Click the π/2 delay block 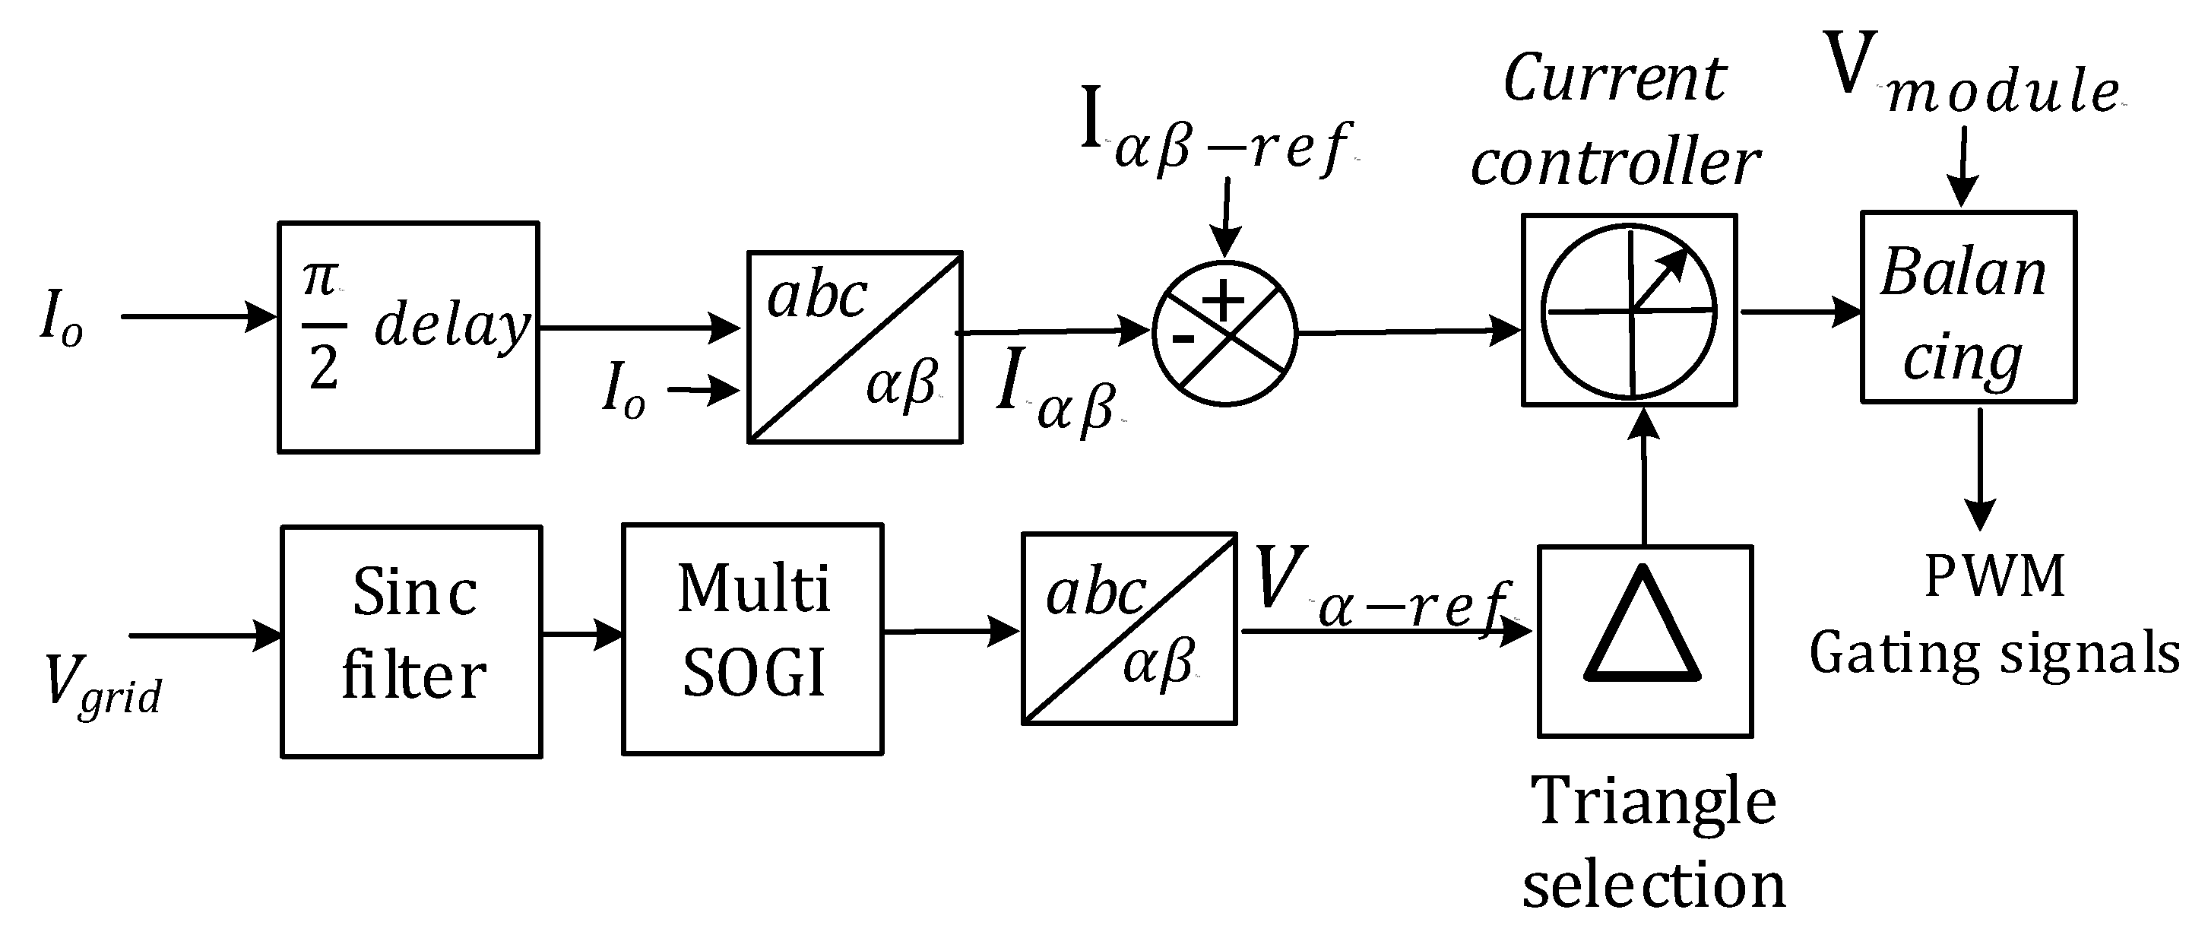pos(408,337)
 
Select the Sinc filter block pos(411,642)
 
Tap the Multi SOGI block pos(752,639)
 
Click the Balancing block pos(1968,307)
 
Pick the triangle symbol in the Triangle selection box pos(1643,626)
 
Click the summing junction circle pos(1225,334)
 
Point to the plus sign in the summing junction pos(1222,300)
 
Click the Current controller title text pos(1615,120)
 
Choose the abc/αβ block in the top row pos(854,347)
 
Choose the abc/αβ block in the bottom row pos(1128,629)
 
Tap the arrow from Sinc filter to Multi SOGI pos(582,635)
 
